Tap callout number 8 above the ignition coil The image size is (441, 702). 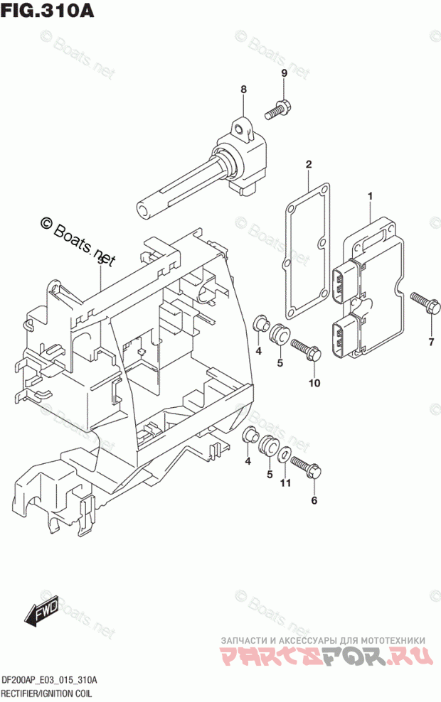(243, 90)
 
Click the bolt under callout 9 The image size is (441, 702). (277, 109)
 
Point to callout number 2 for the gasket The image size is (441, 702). (309, 165)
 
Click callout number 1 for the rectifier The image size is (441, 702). (370, 195)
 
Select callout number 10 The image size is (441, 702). (314, 383)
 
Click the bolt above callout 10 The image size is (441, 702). (304, 349)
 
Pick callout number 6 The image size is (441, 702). (314, 499)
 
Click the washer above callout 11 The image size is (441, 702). (283, 454)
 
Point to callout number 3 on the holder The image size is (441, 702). (100, 262)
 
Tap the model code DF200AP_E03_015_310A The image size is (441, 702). (49, 681)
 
